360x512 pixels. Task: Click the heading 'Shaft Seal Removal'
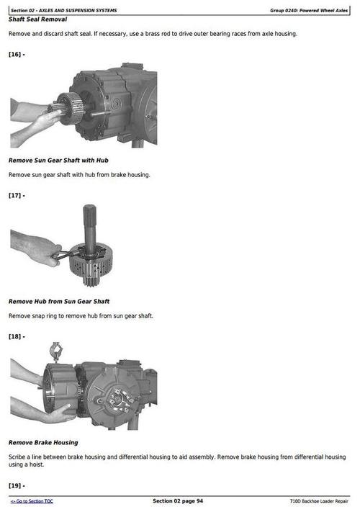click(37, 19)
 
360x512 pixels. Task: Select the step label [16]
click(17, 54)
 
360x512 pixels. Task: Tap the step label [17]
click(17, 195)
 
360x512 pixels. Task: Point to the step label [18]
click(17, 336)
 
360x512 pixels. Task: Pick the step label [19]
click(17, 485)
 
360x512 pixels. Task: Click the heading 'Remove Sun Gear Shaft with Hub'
click(58, 160)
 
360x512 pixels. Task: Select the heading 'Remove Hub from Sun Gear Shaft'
click(59, 301)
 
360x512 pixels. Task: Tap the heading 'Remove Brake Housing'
click(43, 442)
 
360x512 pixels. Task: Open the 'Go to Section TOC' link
click(32, 501)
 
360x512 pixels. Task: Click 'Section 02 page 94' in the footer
click(178, 501)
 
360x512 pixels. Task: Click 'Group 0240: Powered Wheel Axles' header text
click(309, 10)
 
